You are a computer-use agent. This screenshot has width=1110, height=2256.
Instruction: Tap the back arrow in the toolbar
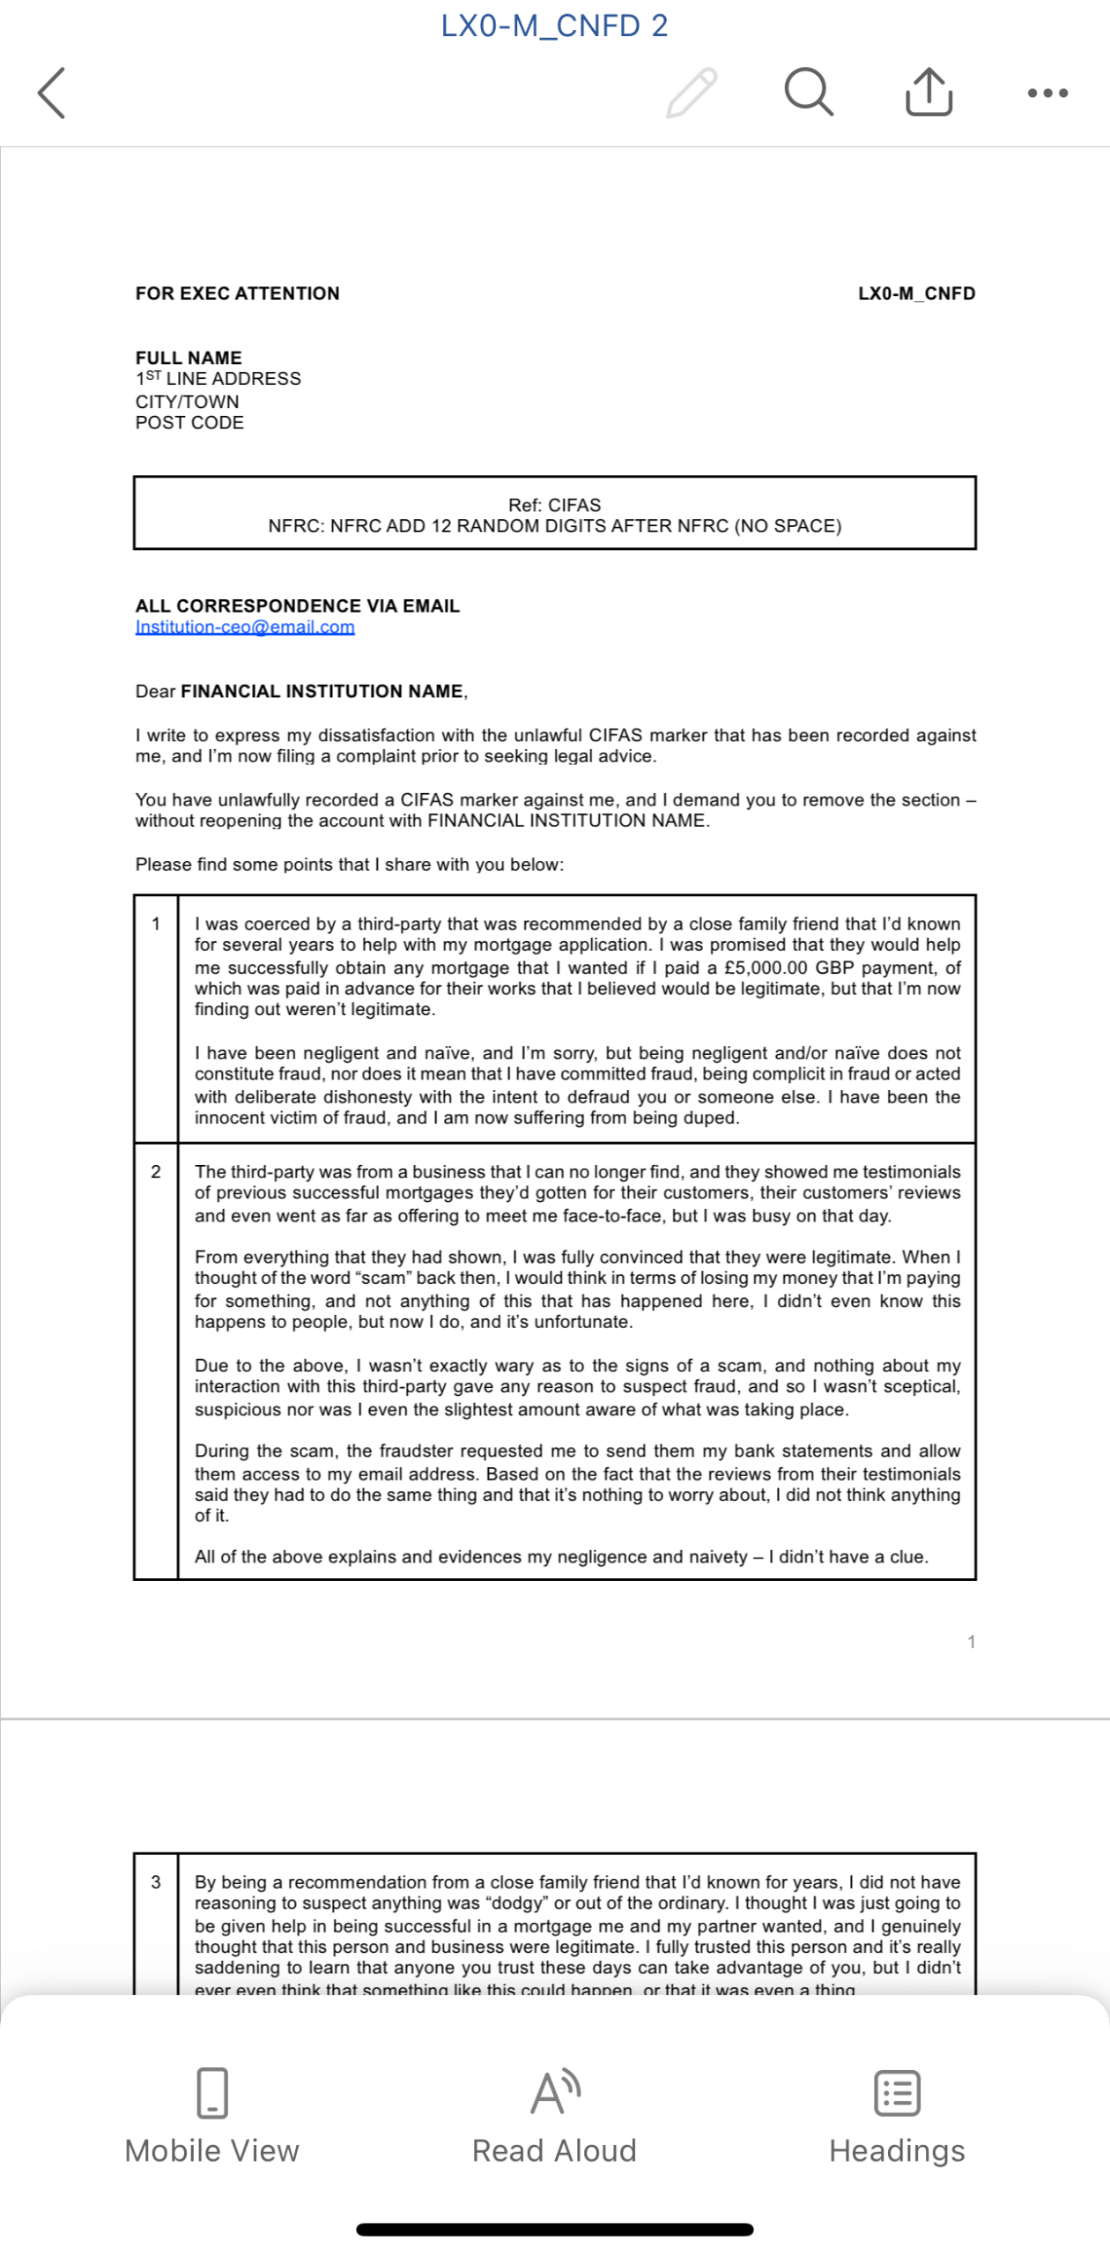pyautogui.click(x=51, y=93)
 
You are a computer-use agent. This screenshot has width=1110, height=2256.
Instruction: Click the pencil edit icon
pyautogui.click(x=692, y=93)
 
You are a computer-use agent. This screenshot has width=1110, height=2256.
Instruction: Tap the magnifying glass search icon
pyautogui.click(x=808, y=92)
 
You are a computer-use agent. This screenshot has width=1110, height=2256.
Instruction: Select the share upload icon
pyautogui.click(x=929, y=92)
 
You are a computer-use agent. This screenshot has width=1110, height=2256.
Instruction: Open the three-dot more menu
pyautogui.click(x=1047, y=93)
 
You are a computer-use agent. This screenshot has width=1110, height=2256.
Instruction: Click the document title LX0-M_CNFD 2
pyautogui.click(x=554, y=26)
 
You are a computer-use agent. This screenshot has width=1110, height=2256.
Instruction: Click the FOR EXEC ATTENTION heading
pyautogui.click(x=237, y=293)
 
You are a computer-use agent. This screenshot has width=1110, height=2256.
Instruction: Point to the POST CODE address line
pyautogui.click(x=189, y=422)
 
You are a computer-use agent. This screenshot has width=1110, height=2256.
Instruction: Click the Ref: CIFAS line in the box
pyautogui.click(x=554, y=505)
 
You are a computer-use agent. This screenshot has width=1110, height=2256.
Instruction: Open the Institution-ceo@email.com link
pyautogui.click(x=245, y=627)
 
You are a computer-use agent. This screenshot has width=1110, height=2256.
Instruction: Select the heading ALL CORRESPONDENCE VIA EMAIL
pyautogui.click(x=297, y=605)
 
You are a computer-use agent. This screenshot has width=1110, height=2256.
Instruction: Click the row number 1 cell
pyautogui.click(x=156, y=924)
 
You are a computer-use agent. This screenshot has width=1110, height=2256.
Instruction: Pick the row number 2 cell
pyautogui.click(x=156, y=1171)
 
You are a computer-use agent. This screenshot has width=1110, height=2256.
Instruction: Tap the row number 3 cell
pyautogui.click(x=156, y=1881)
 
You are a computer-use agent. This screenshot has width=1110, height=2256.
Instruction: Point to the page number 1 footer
pyautogui.click(x=971, y=1641)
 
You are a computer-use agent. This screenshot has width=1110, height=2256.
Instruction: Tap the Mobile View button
pyautogui.click(x=211, y=2115)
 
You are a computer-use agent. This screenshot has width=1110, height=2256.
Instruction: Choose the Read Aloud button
pyautogui.click(x=554, y=2115)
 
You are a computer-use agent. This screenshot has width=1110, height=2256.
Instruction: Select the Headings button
pyautogui.click(x=897, y=2115)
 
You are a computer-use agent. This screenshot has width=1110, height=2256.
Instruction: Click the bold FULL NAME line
pyautogui.click(x=189, y=358)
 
